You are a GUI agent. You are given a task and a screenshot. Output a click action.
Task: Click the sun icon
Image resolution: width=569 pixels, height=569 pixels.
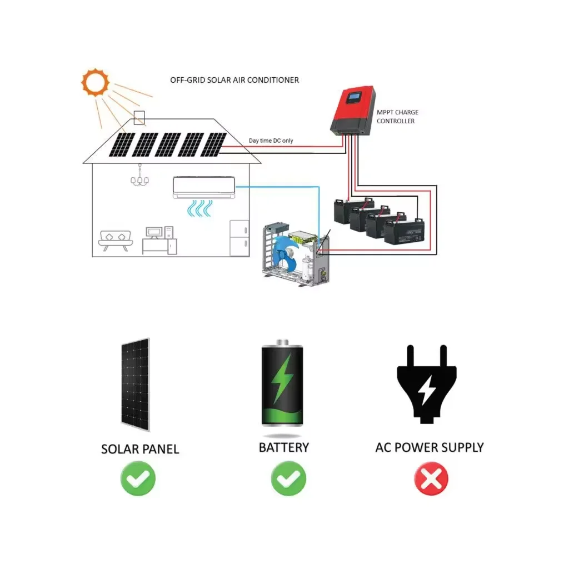click(x=95, y=83)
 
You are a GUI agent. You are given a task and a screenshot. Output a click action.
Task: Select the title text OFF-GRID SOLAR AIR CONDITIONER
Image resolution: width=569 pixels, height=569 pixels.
click(x=234, y=80)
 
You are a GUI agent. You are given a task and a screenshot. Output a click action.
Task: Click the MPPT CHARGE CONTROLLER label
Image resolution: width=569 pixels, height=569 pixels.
click(x=397, y=117)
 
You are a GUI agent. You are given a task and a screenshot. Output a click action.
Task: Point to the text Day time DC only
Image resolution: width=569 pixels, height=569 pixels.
click(x=271, y=141)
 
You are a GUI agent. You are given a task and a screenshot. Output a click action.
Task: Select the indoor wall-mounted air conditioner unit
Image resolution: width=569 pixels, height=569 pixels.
click(x=203, y=187)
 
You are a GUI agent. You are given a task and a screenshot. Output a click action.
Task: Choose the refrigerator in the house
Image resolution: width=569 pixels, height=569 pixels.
click(x=239, y=238)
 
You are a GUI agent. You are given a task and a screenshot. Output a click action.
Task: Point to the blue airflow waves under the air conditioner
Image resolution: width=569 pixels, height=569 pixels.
click(x=199, y=209)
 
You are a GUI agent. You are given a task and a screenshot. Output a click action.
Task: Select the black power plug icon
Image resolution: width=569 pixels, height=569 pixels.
click(x=427, y=383)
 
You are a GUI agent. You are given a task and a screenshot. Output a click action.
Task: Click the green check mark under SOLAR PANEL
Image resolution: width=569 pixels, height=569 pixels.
click(x=138, y=478)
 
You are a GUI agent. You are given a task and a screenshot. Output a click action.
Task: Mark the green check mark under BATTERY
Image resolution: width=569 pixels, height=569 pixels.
click(x=288, y=478)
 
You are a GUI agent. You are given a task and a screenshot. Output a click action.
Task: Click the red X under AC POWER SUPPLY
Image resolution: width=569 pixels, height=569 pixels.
click(x=431, y=478)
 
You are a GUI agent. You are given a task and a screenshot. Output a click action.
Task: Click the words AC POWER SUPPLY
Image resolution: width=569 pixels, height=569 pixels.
click(x=429, y=447)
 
